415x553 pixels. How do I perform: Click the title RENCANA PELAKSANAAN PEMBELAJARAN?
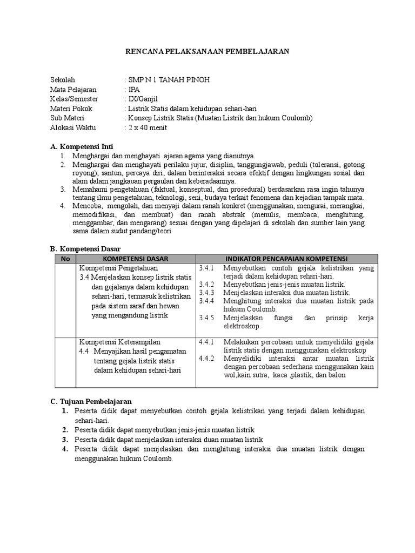click(208, 52)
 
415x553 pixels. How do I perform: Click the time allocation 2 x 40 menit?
click(147, 128)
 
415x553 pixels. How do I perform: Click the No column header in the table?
click(66, 259)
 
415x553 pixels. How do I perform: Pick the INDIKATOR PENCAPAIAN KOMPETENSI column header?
click(286, 259)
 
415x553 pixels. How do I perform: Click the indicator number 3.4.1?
click(207, 268)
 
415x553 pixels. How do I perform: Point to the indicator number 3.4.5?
click(207, 318)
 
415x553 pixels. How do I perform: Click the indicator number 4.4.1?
click(207, 342)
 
